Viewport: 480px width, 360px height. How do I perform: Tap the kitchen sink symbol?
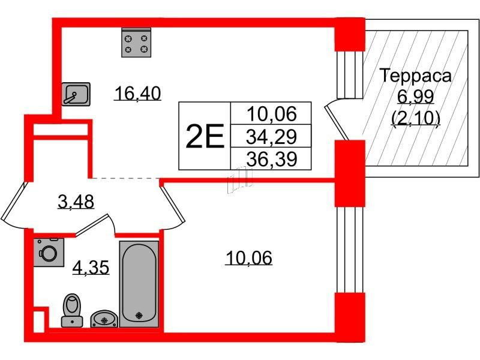click(76, 94)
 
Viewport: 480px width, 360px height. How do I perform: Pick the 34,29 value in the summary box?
click(270, 137)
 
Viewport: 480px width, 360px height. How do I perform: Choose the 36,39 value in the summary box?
click(270, 159)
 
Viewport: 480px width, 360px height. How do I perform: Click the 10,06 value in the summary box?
click(270, 114)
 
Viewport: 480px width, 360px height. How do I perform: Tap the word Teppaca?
click(416, 76)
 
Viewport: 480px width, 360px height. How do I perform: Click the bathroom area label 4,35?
click(90, 267)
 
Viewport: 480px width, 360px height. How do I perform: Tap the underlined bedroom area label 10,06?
click(249, 258)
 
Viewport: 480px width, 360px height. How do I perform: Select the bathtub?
click(139, 283)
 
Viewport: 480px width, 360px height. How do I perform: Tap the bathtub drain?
click(139, 314)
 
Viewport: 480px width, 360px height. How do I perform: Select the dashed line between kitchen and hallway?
click(124, 178)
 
